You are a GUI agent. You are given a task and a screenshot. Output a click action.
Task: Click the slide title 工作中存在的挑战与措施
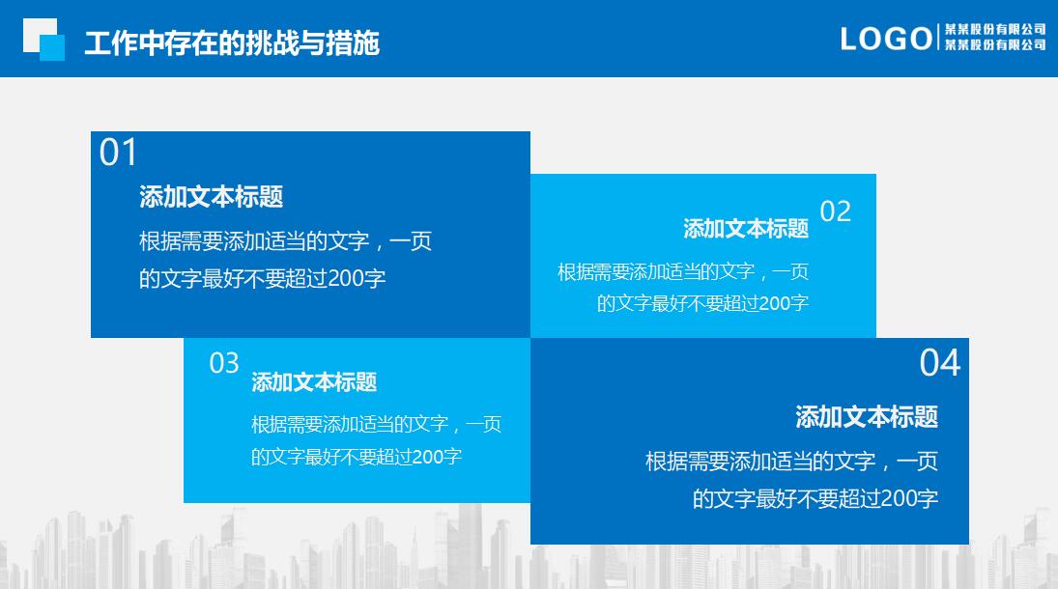(x=231, y=43)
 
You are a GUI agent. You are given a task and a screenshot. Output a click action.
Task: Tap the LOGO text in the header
(x=886, y=39)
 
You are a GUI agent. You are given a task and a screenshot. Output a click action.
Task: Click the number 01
(x=119, y=154)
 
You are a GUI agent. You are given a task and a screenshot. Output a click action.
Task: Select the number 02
(x=835, y=211)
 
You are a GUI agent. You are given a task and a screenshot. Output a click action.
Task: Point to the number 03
(x=224, y=363)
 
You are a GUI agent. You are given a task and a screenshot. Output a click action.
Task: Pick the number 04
(x=939, y=363)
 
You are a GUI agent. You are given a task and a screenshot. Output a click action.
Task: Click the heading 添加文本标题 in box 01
(x=211, y=197)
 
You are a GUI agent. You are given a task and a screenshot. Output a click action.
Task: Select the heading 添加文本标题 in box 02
(x=745, y=229)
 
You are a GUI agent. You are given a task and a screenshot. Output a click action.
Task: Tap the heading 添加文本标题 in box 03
(x=313, y=382)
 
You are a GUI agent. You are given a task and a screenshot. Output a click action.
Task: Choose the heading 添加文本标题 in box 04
(x=866, y=417)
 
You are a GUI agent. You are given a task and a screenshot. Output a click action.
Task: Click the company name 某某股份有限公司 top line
(x=994, y=29)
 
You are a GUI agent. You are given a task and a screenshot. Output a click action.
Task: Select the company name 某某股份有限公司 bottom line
(x=994, y=44)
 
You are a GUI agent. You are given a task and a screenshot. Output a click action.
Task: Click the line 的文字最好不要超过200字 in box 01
(x=262, y=279)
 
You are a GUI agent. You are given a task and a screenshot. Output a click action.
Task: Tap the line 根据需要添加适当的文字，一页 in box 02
(x=682, y=271)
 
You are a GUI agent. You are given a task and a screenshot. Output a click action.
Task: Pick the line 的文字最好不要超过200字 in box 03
(x=356, y=457)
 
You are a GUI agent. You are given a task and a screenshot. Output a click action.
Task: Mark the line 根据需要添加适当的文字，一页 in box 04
(x=791, y=461)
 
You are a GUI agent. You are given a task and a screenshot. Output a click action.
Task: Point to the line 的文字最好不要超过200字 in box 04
(x=815, y=499)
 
